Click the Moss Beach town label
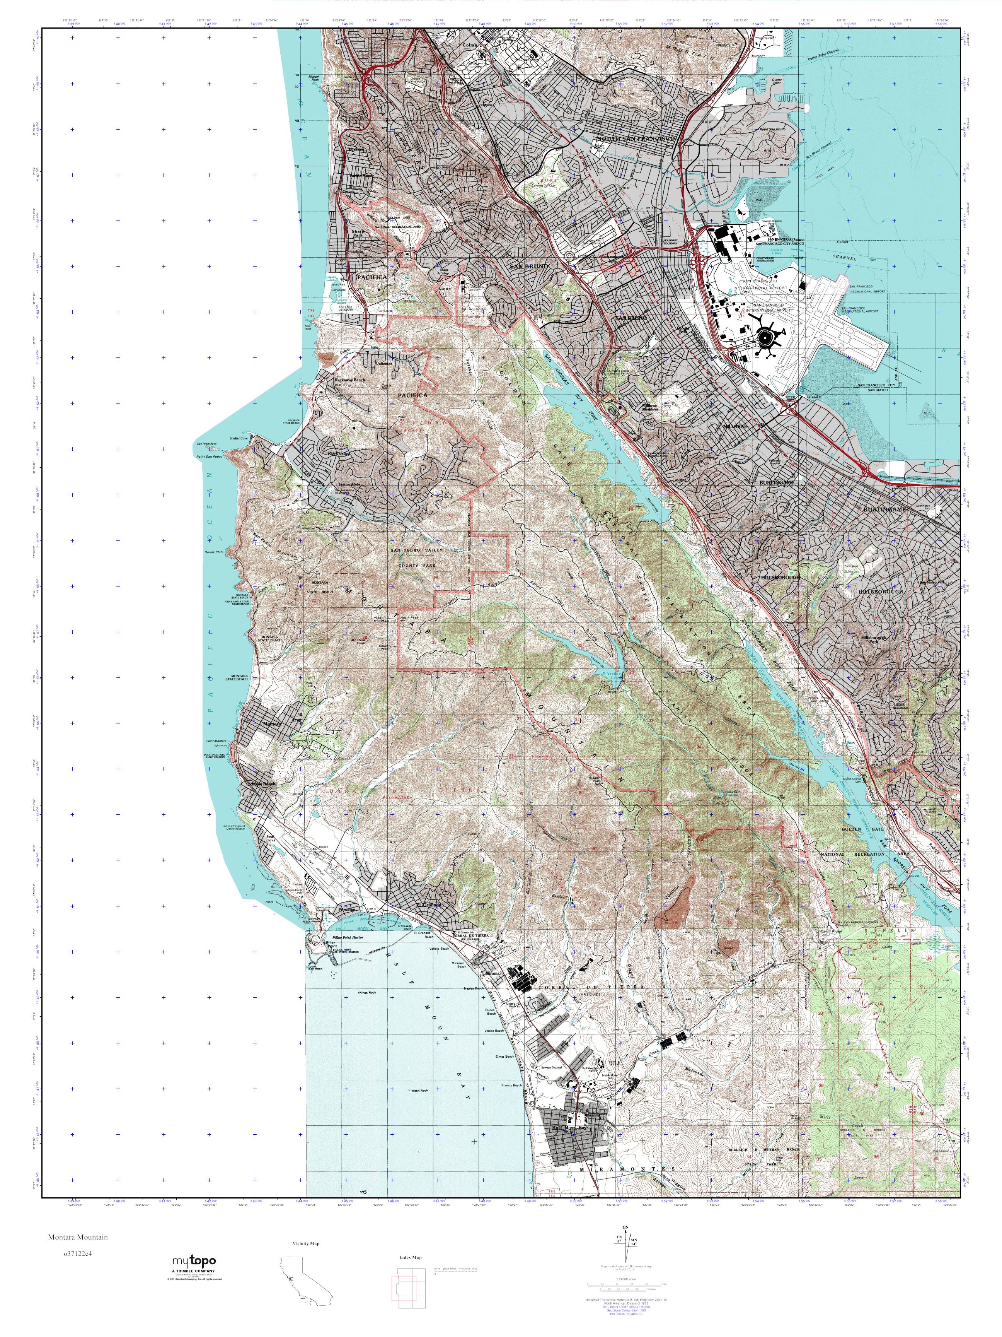point(264,784)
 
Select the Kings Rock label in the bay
point(366,992)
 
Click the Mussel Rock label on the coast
point(298,79)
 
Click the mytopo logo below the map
point(194,1262)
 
